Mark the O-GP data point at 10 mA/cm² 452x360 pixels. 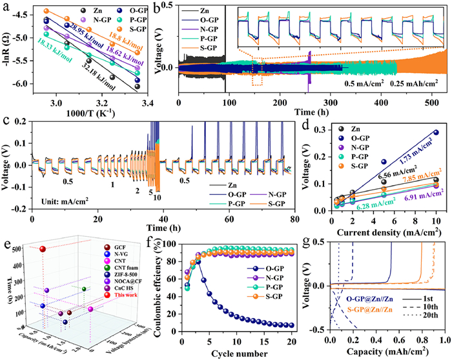point(436,133)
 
